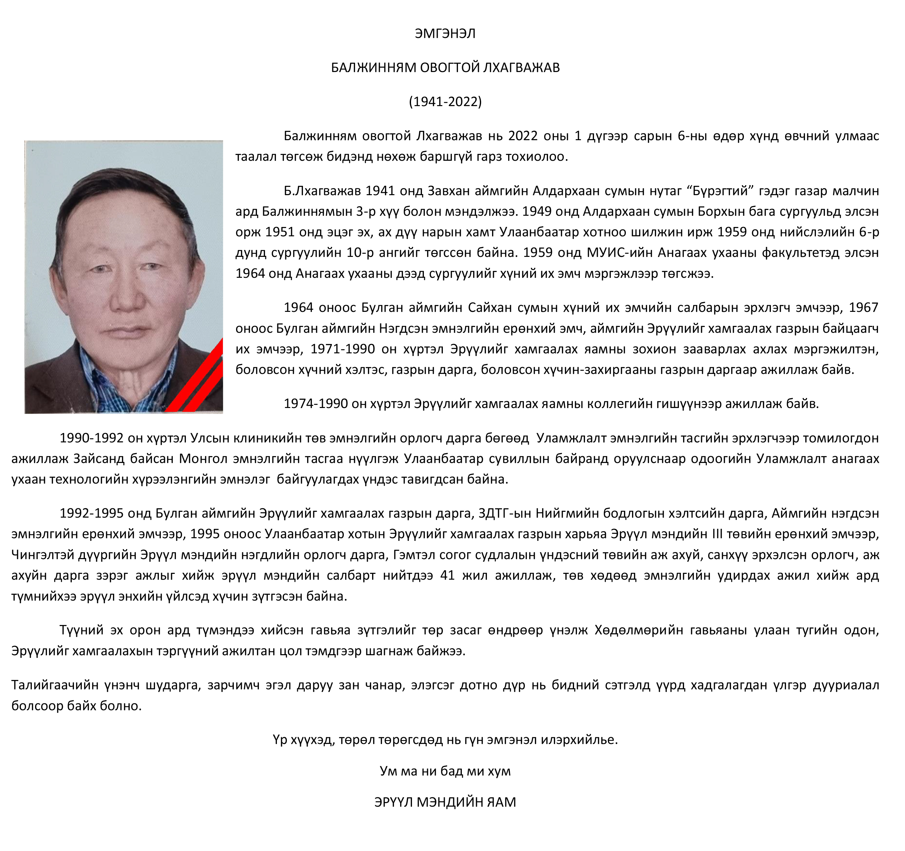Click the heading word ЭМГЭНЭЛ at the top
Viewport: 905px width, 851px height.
point(445,34)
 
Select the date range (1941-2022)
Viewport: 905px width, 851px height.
point(445,102)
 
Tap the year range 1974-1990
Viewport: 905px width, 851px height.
point(316,404)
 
